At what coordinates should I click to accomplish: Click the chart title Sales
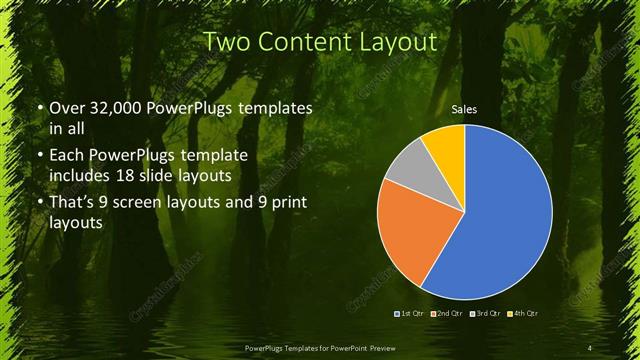click(x=462, y=108)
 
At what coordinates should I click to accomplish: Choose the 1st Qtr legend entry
click(x=411, y=314)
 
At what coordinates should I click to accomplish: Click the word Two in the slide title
click(x=227, y=42)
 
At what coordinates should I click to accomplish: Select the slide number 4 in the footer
click(x=591, y=347)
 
